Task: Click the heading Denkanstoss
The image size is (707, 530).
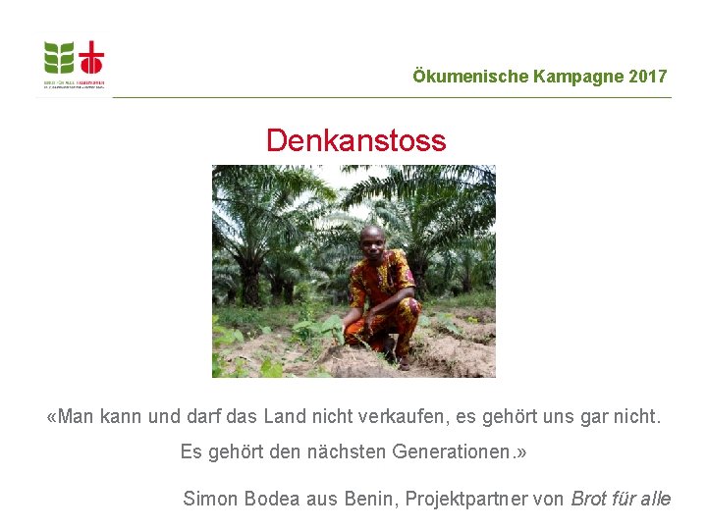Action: [355, 140]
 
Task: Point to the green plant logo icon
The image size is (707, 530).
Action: [59, 58]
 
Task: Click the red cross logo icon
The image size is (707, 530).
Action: [90, 58]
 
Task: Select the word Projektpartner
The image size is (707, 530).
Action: [462, 499]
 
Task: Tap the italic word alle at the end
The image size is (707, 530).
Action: [656, 499]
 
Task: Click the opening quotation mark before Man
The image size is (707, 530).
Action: [52, 418]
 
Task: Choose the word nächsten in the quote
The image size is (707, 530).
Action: [347, 452]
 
